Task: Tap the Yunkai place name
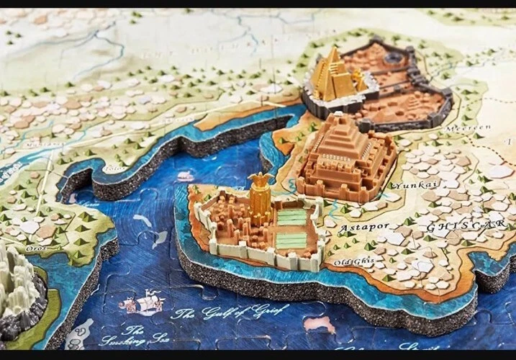pos(405,185)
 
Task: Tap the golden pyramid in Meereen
pos(332,75)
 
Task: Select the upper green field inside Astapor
pos(292,217)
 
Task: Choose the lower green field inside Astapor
pos(291,240)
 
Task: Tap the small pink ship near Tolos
pos(186,176)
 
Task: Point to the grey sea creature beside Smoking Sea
pos(79,333)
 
